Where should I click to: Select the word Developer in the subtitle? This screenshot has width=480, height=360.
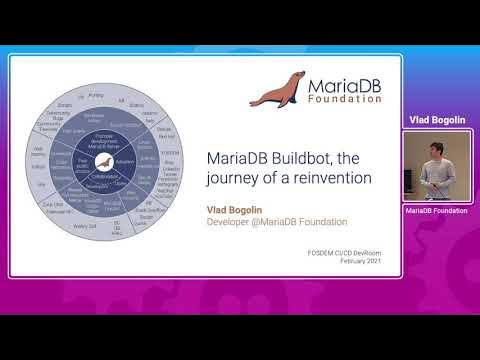coord(231,222)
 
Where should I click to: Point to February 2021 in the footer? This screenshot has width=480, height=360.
coord(364,260)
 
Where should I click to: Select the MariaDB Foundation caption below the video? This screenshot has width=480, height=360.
coord(439,212)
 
